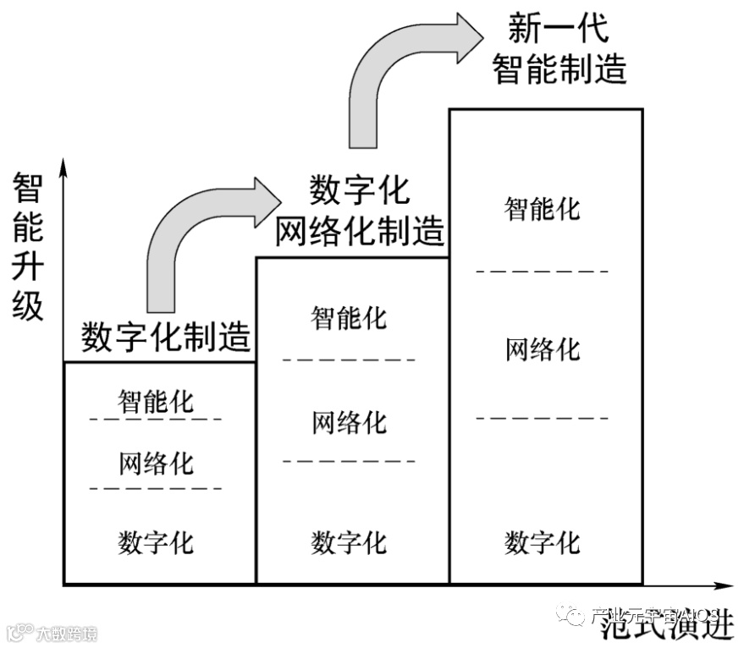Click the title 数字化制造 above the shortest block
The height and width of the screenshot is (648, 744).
click(166, 338)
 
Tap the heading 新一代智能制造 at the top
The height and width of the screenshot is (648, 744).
click(559, 50)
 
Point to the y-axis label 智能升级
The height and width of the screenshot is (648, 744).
click(28, 246)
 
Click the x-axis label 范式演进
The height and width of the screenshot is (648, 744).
click(666, 627)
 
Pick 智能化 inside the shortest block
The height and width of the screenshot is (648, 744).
click(156, 400)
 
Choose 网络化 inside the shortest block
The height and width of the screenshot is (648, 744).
click(156, 464)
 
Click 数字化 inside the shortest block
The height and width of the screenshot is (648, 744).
click(156, 541)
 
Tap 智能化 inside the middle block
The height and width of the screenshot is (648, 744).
click(349, 318)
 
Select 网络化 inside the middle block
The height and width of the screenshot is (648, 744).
click(349, 421)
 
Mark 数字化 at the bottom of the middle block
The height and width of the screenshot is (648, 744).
click(349, 541)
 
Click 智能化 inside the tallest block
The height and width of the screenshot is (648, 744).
click(543, 208)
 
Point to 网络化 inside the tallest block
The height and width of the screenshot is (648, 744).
click(543, 349)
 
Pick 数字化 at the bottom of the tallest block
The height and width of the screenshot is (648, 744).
click(543, 541)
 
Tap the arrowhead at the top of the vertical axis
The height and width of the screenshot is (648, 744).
click(63, 166)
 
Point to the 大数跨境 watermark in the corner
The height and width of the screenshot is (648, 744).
click(52, 633)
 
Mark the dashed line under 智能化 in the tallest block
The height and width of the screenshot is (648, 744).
click(543, 271)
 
